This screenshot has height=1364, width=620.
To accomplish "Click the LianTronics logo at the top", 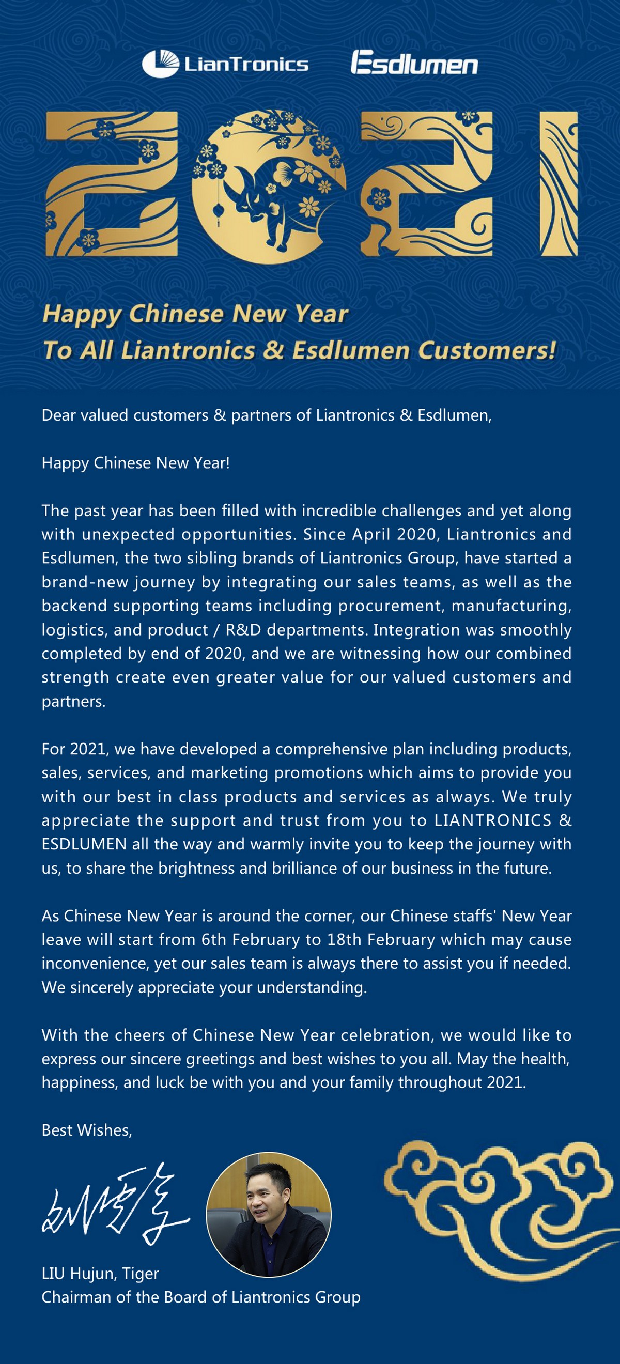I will [x=225, y=64].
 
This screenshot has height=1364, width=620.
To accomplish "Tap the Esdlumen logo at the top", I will [x=414, y=64].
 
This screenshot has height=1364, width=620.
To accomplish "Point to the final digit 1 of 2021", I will [x=558, y=183].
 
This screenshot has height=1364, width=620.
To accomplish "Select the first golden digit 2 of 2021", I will [x=112, y=183].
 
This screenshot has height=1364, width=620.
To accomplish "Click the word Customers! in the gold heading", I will [x=487, y=350].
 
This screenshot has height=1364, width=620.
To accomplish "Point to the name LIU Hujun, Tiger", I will [x=100, y=1274].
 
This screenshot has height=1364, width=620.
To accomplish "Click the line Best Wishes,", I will [x=87, y=1130].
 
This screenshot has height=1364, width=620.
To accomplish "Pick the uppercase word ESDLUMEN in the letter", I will [x=84, y=844].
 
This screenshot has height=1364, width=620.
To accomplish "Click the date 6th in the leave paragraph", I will [x=214, y=939].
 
